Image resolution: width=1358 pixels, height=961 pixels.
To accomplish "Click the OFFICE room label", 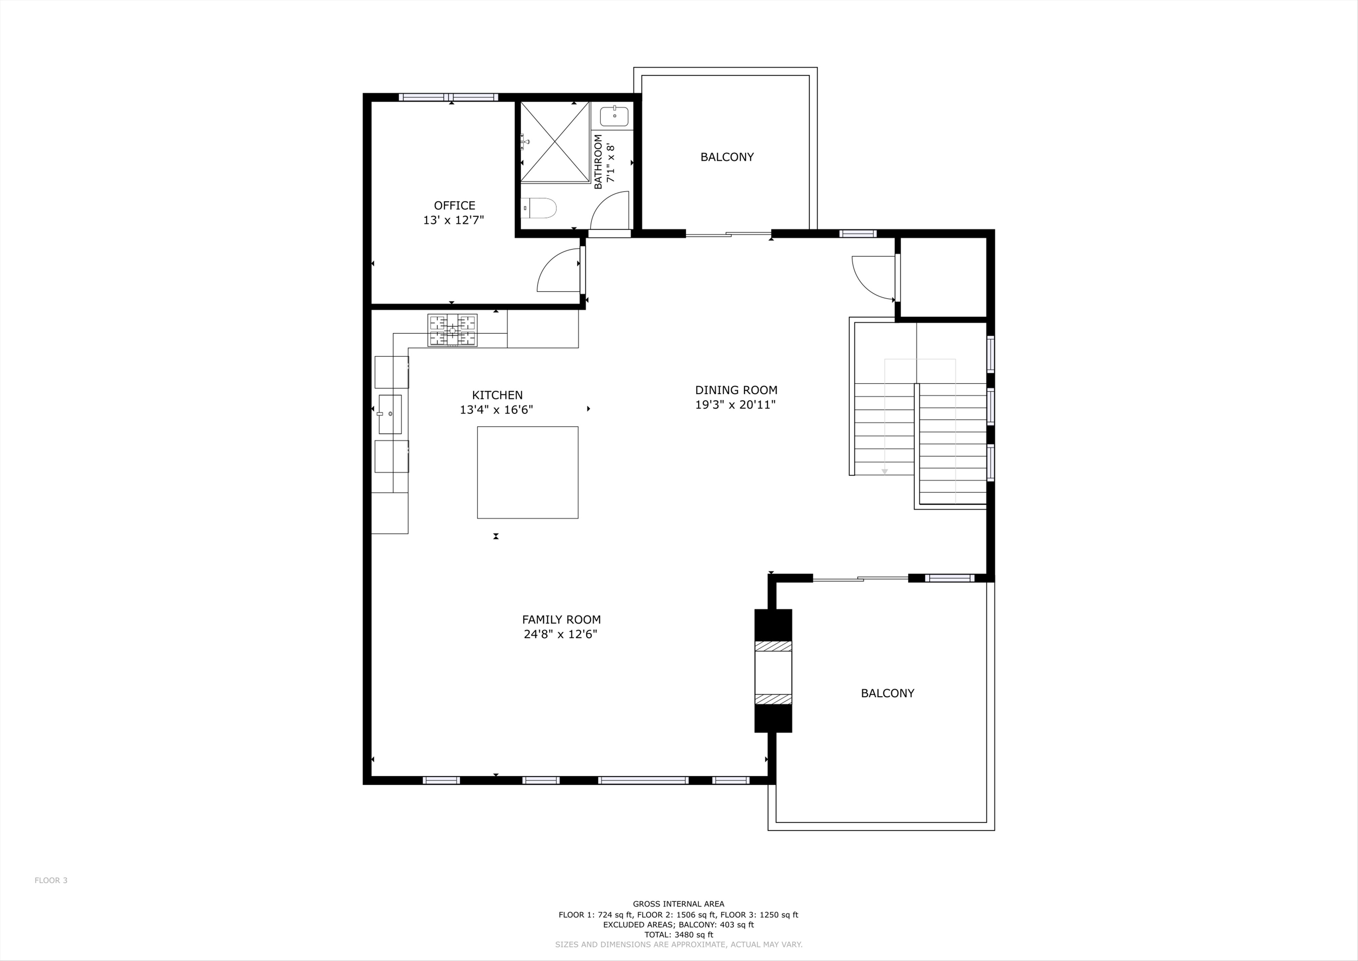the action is pyautogui.click(x=454, y=205).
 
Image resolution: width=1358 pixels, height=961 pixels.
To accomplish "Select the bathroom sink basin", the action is pyautogui.click(x=614, y=116).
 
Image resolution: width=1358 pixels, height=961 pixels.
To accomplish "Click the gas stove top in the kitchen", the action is pyautogui.click(x=453, y=330).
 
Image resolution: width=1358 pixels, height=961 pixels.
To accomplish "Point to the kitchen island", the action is pyautogui.click(x=528, y=472).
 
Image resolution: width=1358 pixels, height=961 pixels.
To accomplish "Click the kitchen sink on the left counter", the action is pyautogui.click(x=390, y=414).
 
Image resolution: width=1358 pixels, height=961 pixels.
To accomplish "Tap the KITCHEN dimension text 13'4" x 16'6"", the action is pyautogui.click(x=496, y=409).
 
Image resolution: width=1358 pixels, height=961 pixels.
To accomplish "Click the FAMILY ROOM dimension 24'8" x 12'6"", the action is pyautogui.click(x=561, y=634).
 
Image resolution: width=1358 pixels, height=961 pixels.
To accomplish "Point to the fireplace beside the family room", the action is pyautogui.click(x=773, y=671).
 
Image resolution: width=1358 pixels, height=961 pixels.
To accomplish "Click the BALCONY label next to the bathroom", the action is pyautogui.click(x=727, y=157).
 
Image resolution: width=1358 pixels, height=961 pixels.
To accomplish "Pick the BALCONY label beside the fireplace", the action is pyautogui.click(x=887, y=693).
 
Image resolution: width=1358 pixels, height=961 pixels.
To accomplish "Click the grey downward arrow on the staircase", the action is pyautogui.click(x=885, y=471).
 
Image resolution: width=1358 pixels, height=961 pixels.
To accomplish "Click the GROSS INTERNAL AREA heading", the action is pyautogui.click(x=678, y=904).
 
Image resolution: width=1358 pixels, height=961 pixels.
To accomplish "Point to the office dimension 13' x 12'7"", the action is pyautogui.click(x=454, y=220).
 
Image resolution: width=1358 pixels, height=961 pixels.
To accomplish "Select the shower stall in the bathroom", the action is pyautogui.click(x=555, y=141).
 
